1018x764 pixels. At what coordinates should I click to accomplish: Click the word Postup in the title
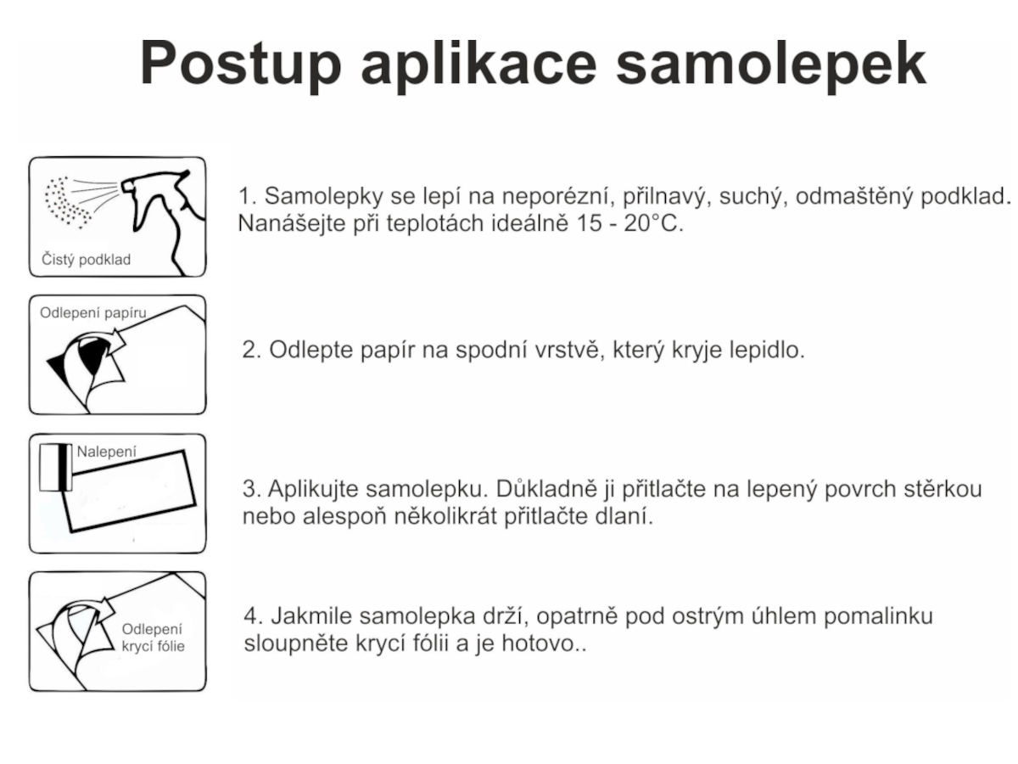point(240,65)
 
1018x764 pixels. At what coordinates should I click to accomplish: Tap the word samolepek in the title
point(771,65)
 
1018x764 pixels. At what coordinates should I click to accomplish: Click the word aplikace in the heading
point(478,65)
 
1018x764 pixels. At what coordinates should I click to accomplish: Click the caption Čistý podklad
point(87,259)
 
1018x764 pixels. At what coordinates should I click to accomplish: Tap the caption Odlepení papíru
point(93,313)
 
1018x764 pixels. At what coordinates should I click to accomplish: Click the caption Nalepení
point(107,452)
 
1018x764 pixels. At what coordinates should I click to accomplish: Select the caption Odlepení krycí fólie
point(153,638)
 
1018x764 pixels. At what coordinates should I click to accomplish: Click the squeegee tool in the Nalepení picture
point(56,467)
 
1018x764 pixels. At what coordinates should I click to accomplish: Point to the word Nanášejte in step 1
point(292,223)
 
